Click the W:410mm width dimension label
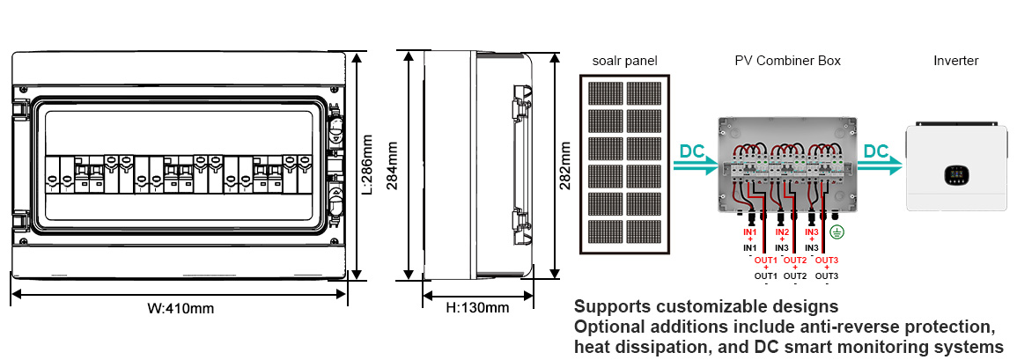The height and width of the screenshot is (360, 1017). click(181, 308)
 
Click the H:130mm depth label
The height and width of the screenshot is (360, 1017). click(477, 307)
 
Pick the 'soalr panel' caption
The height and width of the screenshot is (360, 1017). click(624, 61)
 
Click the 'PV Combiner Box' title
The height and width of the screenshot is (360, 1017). click(787, 61)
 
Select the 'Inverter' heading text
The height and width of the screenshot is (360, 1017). click(955, 61)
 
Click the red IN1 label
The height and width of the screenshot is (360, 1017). click(750, 231)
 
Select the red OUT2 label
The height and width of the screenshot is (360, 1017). click(794, 260)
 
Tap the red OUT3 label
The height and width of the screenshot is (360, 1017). click(826, 260)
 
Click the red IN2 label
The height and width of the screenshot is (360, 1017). click(782, 231)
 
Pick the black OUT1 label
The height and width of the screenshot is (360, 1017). click(766, 276)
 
